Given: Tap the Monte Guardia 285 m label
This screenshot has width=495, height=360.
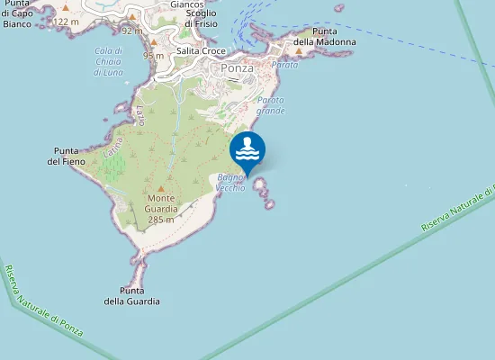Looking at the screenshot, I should pos(161,209).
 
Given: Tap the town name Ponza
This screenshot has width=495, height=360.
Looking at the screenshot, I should pos(238,67).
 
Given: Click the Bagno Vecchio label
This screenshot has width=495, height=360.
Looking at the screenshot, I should pos(230,182).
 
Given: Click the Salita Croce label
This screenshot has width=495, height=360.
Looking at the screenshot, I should pos(201,51).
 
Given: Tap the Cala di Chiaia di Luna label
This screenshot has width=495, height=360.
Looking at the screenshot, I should pos(109,60).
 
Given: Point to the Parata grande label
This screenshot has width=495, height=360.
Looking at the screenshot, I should pos(271,105).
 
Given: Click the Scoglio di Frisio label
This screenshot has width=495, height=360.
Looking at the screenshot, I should pos(200,18).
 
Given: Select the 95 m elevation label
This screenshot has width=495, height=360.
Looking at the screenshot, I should pos(153,56).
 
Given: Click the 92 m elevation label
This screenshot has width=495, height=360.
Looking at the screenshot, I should pos(131,31).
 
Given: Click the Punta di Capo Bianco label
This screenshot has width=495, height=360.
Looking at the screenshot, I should pos(18,19).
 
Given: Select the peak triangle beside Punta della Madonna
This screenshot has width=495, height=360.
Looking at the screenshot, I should pos(299,51).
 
